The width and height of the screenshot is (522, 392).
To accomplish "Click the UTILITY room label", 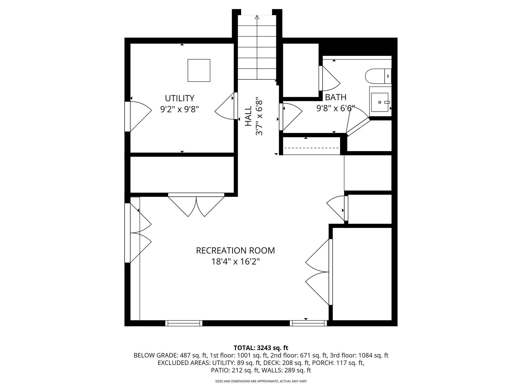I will (179, 98).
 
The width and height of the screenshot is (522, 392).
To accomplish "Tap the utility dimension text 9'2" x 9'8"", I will (179, 109).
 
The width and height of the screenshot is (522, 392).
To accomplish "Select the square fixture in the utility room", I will (199, 70).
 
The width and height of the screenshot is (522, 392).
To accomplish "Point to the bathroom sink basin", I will (380, 102).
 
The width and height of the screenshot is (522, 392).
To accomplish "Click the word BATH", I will (336, 97).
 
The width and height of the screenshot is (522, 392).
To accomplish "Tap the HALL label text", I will (248, 116).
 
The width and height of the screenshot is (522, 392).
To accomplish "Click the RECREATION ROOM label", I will (235, 251).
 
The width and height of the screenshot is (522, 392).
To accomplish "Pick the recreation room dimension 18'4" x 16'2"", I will (235, 262).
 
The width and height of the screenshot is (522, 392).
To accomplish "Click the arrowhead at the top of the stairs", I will (257, 17).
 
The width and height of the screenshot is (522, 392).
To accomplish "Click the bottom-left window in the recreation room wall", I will (184, 323).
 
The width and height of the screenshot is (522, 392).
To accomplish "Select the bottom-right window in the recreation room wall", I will (308, 323).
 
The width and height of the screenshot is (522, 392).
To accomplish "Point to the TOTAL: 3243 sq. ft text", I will (261, 348).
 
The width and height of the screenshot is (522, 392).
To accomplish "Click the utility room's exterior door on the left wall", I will (127, 117).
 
